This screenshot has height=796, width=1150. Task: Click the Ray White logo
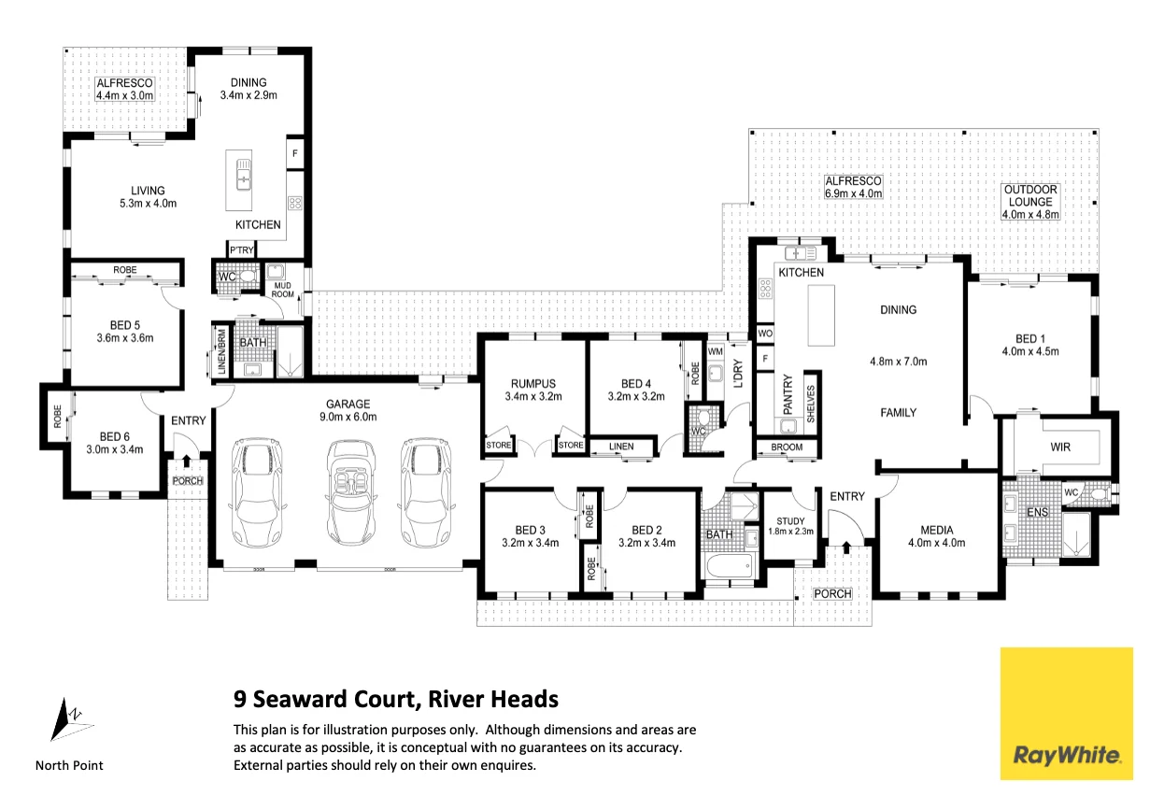[1066, 714]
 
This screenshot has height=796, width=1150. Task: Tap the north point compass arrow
[71, 719]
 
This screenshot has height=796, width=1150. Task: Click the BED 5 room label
[125, 332]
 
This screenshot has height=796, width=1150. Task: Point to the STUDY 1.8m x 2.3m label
[790, 526]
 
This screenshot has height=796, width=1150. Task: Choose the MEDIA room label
[936, 536]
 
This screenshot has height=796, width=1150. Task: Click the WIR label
[1060, 448]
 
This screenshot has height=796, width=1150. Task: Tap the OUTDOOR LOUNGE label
[1030, 202]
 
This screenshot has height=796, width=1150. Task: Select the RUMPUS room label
[532, 390]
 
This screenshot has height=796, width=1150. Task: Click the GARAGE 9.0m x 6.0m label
[348, 410]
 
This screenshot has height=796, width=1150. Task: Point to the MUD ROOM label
[282, 290]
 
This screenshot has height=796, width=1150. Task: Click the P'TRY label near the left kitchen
[241, 250]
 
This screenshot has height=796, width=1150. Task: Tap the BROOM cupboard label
[787, 448]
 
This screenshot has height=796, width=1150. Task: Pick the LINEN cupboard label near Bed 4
[621, 447]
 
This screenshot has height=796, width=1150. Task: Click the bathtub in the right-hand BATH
[730, 566]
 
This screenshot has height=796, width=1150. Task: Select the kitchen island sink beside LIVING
[243, 174]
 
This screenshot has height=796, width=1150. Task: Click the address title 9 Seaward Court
[396, 699]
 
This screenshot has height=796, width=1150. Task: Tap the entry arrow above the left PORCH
[186, 461]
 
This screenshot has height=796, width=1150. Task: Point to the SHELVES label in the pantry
[811, 405]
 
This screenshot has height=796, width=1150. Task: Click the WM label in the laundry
[715, 352]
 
